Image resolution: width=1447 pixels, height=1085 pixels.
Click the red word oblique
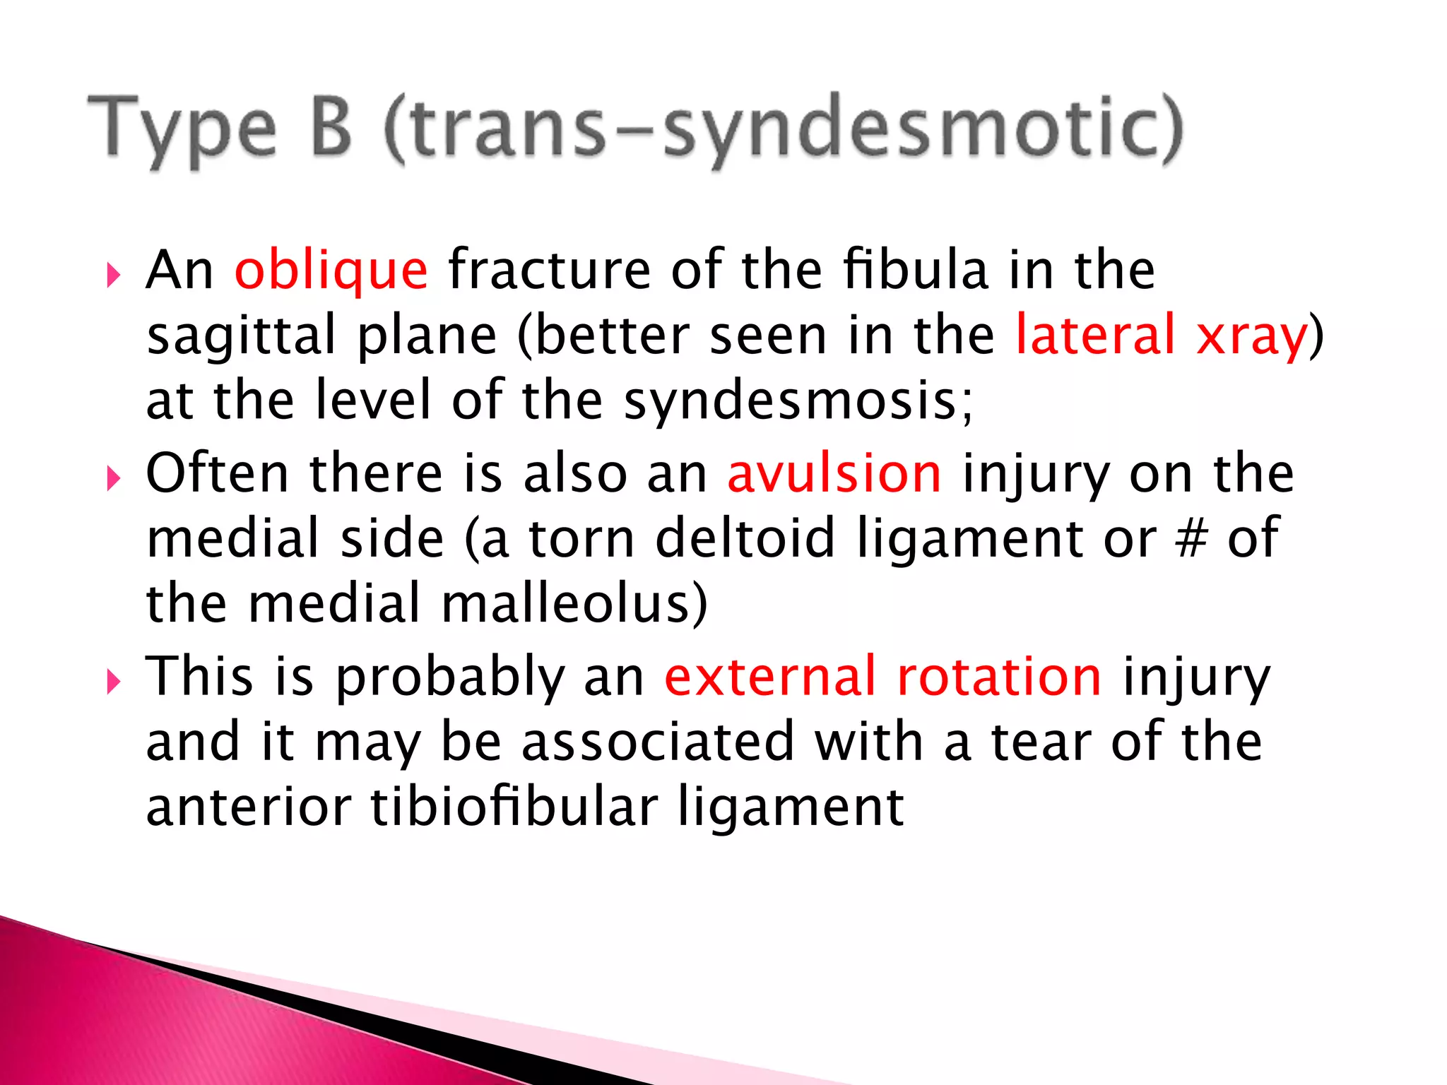[331, 271]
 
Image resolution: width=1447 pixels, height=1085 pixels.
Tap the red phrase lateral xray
[1160, 335]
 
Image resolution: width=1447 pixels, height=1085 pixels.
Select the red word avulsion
[834, 473]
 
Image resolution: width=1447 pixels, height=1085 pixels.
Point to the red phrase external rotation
[882, 677]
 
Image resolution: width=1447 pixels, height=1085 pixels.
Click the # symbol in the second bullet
[1191, 539]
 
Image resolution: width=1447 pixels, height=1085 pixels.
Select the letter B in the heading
[331, 127]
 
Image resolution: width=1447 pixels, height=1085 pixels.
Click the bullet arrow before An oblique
[113, 275]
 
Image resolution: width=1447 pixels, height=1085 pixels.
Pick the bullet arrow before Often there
[113, 480]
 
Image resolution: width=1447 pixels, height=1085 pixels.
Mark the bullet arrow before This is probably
[113, 682]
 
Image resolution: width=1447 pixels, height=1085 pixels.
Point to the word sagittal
[241, 336]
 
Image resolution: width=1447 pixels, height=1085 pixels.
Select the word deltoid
[745, 539]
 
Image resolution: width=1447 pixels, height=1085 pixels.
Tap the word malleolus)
[574, 604]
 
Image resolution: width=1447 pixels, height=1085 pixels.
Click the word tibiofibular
[514, 807]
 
